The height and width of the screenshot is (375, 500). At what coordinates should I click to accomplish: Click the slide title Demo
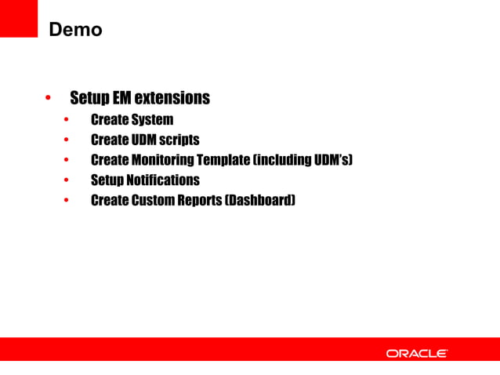(x=75, y=31)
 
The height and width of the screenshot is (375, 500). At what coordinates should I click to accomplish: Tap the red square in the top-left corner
(x=19, y=17)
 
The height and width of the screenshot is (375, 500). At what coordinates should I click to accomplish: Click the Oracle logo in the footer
(x=417, y=354)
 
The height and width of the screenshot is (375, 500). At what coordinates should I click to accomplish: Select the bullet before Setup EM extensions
(x=49, y=99)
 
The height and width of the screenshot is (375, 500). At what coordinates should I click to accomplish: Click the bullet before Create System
(x=67, y=121)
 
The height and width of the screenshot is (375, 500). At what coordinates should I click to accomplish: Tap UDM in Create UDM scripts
(x=142, y=140)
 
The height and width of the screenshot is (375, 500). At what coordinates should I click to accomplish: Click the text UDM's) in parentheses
(x=334, y=160)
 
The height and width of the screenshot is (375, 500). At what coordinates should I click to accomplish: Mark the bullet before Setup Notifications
(x=67, y=180)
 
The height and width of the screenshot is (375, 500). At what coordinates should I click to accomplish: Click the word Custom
(x=152, y=200)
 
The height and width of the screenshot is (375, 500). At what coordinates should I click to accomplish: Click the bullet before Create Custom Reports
(x=67, y=201)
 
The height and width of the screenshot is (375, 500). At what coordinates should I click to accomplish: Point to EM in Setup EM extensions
(x=120, y=98)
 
